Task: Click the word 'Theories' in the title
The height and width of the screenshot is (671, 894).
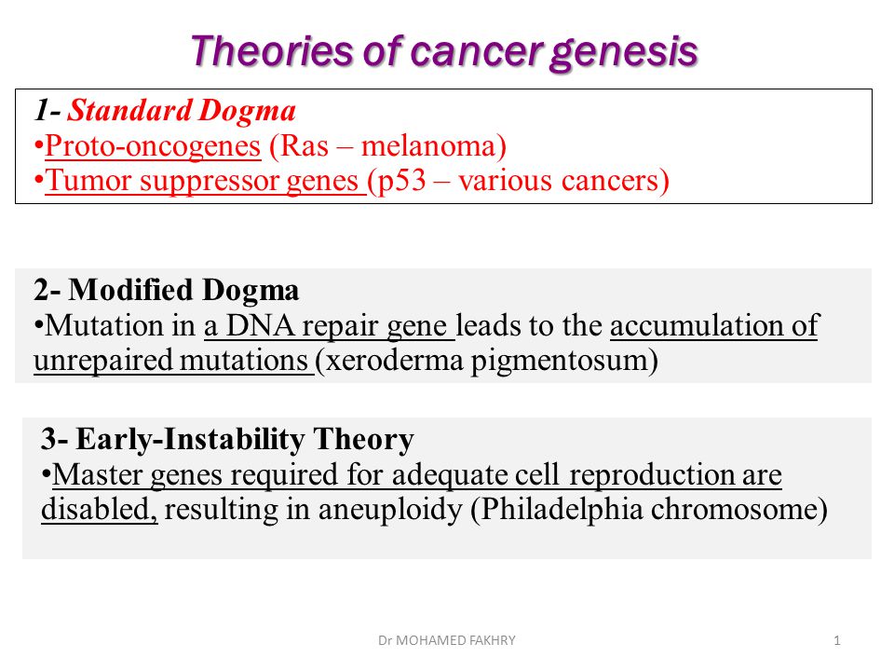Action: pyautogui.click(x=272, y=51)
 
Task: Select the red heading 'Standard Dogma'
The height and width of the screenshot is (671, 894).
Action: pyautogui.click(x=182, y=110)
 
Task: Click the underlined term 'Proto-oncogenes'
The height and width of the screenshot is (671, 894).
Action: pyautogui.click(x=153, y=146)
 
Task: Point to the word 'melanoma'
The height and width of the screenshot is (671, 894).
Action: pyautogui.click(x=428, y=145)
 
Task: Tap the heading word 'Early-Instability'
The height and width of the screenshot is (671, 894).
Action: pyautogui.click(x=190, y=439)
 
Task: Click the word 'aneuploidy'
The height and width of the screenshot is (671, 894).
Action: pyautogui.click(x=390, y=510)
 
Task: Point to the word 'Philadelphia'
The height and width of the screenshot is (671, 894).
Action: pyautogui.click(x=562, y=510)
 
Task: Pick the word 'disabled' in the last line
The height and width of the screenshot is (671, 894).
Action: pyautogui.click(x=99, y=509)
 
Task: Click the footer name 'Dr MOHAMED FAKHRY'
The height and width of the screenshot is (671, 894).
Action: pyautogui.click(x=446, y=640)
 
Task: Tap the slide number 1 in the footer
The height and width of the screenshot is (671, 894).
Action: pyautogui.click(x=836, y=640)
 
